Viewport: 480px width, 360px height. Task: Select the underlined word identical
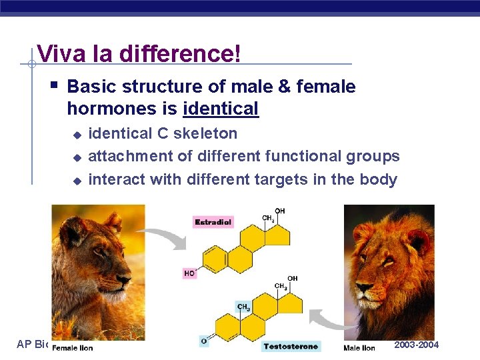220,109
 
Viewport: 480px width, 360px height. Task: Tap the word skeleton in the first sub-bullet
205,133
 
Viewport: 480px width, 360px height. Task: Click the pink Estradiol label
213,222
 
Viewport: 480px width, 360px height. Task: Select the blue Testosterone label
291,346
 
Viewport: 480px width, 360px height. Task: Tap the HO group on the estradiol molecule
189,273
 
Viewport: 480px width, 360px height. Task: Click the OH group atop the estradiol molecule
280,211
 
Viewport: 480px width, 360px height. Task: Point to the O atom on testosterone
204,341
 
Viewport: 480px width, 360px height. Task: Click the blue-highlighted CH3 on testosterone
244,307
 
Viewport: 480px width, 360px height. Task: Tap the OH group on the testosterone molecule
293,278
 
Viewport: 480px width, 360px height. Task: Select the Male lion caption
359,347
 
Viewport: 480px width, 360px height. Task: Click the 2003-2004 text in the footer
417,345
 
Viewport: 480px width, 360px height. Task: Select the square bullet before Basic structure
54,86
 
